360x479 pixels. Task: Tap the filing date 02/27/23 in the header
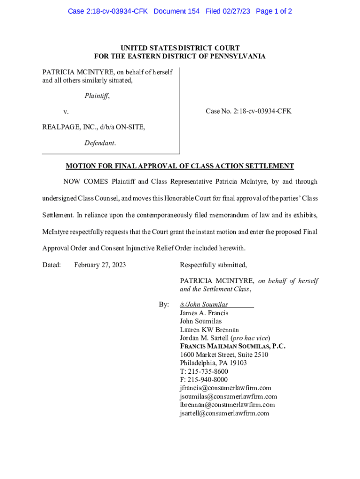tap(238, 11)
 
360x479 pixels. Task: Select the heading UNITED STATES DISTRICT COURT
tap(180, 48)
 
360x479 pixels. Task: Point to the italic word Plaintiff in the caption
tap(97, 96)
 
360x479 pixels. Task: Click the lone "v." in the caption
tap(66, 112)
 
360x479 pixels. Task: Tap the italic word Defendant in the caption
tap(100, 143)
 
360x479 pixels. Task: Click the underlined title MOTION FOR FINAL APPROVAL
tap(180, 166)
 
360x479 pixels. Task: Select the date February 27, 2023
tap(100, 265)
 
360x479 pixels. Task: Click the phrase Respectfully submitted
tap(213, 265)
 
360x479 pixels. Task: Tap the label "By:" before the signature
tap(164, 305)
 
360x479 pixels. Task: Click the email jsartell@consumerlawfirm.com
tap(224, 414)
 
